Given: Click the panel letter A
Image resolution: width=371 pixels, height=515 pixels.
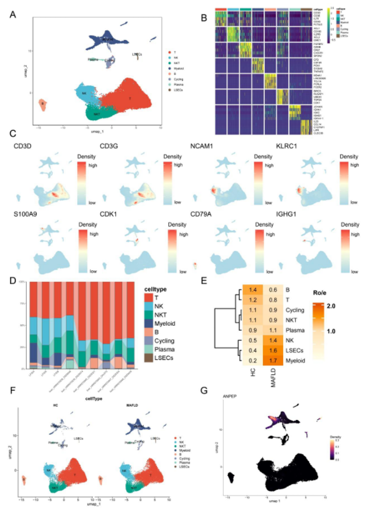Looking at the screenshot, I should (14, 15).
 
